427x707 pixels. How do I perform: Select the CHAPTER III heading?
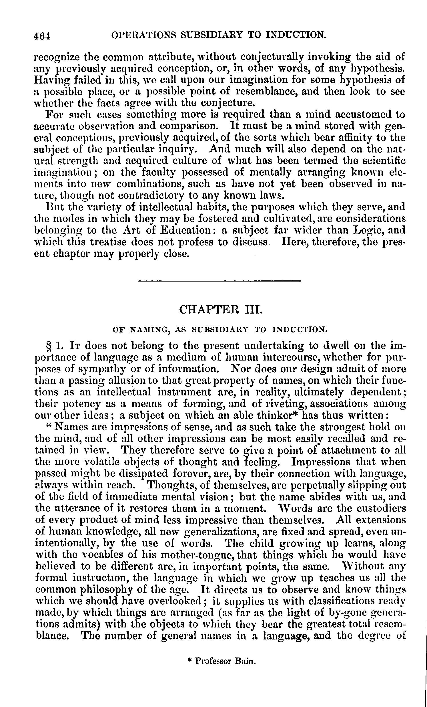coord(220,310)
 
